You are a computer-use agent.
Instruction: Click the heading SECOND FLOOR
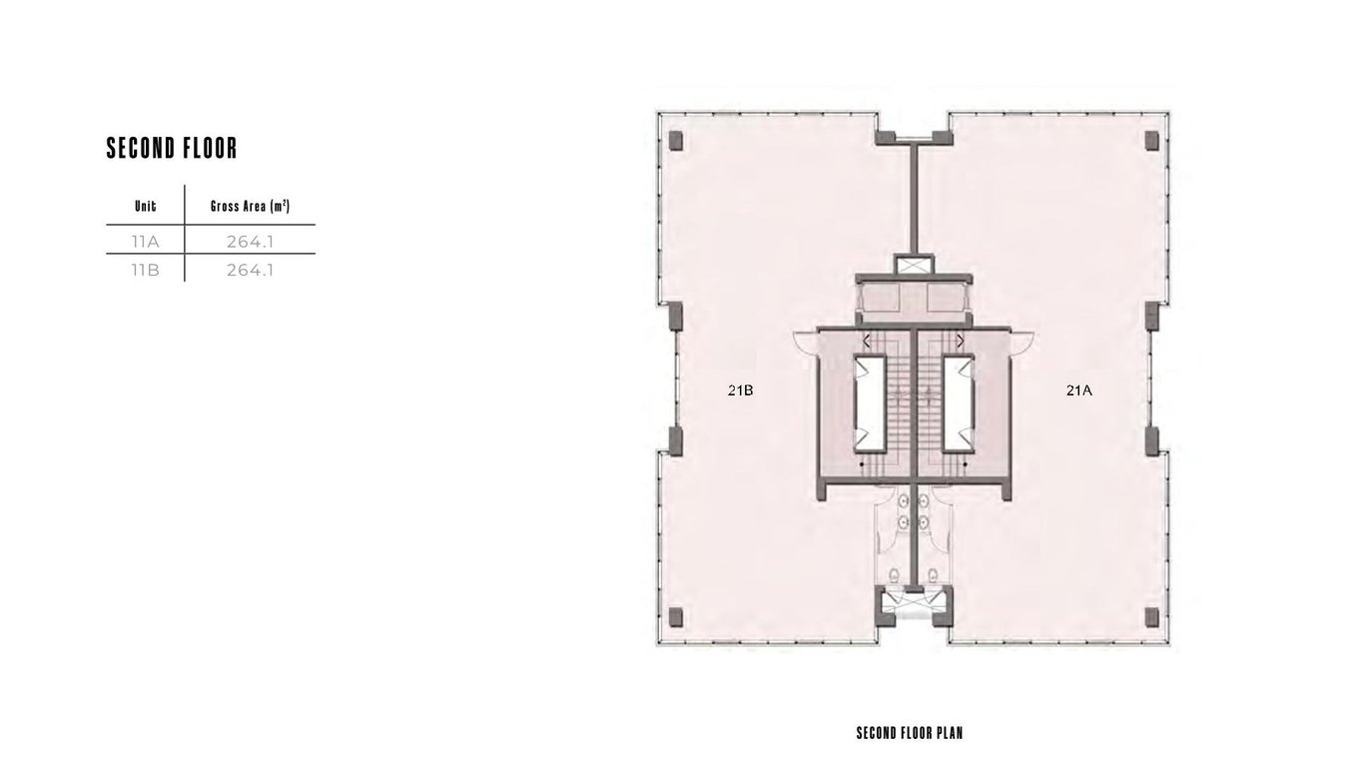point(172,148)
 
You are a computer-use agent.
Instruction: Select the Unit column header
point(146,207)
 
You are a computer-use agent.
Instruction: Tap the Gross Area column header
point(250,207)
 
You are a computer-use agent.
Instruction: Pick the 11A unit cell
point(145,242)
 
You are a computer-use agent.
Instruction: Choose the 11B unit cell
point(145,271)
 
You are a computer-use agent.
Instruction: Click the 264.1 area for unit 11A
point(250,242)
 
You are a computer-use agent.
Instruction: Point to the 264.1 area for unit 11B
point(250,271)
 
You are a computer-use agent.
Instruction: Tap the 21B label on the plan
point(740,390)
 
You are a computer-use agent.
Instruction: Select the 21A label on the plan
point(1079,390)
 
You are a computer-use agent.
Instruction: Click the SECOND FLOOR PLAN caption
point(910,733)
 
